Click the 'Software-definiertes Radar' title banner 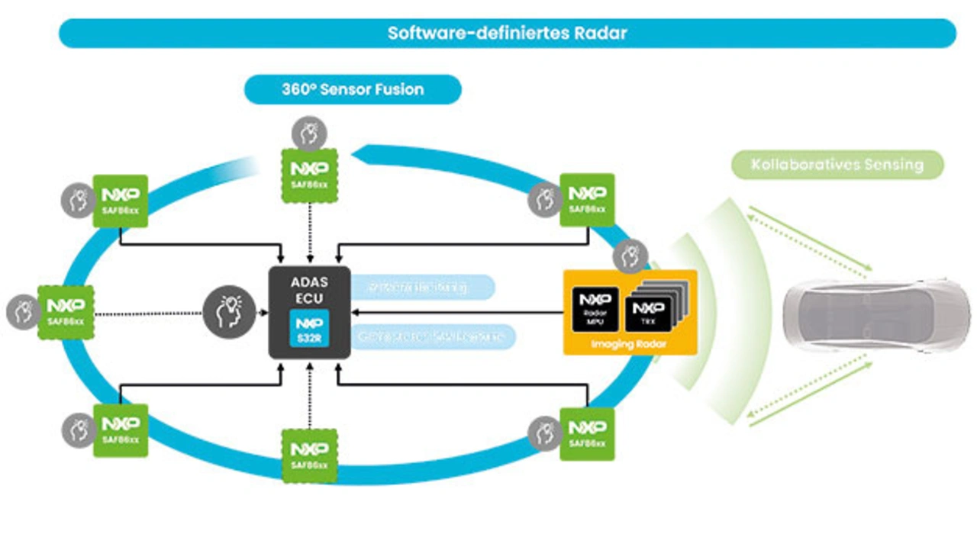coord(507,34)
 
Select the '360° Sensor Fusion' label coord(353,89)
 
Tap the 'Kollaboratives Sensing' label coord(837,165)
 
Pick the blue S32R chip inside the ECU coord(309,329)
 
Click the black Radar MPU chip coord(595,309)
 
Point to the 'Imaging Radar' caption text coord(630,346)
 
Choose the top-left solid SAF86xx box coord(120,201)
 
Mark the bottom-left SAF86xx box coord(120,430)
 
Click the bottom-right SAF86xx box coord(586,433)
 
